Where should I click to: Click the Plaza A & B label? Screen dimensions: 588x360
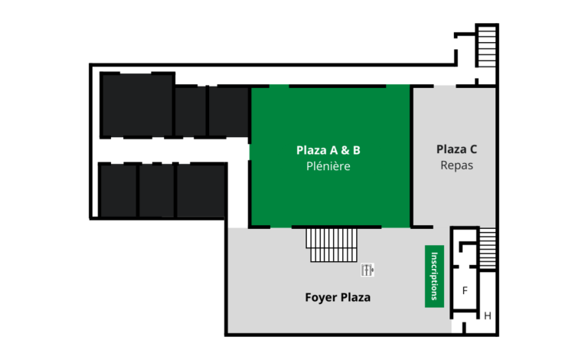328,150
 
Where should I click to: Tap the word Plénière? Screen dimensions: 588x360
328,166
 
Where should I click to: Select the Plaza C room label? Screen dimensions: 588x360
456,149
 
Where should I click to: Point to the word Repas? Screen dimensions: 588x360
456,165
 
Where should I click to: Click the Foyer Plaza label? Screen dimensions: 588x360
338,297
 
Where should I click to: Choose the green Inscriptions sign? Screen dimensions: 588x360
434,277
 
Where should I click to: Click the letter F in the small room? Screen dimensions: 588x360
465,290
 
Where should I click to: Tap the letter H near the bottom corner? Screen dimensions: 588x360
488,316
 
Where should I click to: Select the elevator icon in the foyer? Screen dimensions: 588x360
367,270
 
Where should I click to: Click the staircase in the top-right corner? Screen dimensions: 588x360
487,46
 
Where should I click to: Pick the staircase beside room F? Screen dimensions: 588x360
488,248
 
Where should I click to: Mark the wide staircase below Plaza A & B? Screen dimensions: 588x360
332,245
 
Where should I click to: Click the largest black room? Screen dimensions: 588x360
137,105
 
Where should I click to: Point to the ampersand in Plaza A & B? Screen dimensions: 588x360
345,150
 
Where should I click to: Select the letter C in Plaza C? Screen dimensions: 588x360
473,149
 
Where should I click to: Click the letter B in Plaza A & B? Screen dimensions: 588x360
357,150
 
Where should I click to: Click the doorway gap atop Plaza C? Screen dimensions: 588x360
445,87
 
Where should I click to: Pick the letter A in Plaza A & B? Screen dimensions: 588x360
333,150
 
